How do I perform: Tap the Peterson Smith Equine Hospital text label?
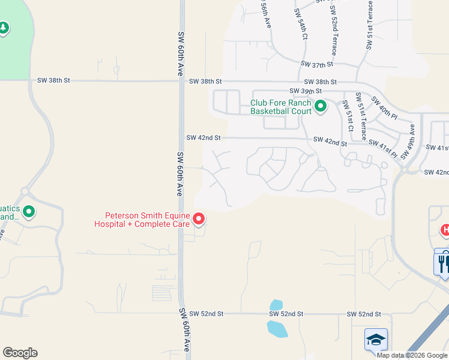click(148, 220)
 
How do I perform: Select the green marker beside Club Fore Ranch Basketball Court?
click(321, 107)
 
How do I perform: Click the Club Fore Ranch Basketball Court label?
click(281, 107)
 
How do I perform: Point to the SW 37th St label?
click(317, 64)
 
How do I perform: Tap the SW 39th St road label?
click(306, 91)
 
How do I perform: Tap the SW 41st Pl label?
click(383, 148)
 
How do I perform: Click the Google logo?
click(20, 353)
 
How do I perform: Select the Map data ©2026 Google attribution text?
click(412, 355)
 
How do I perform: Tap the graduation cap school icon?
click(376, 340)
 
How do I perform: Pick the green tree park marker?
click(4, 28)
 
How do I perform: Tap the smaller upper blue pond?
click(276, 305)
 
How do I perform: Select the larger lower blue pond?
click(277, 328)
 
